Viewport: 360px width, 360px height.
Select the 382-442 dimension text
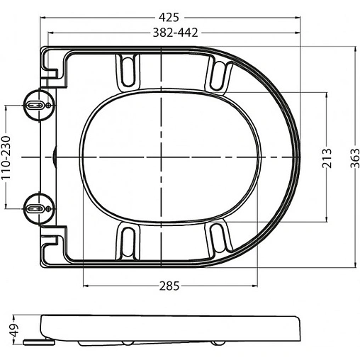[174, 33]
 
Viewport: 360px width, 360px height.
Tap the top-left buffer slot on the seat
[128, 69]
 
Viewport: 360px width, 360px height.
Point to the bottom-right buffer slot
[220, 237]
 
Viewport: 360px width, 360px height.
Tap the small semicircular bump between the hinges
[57, 155]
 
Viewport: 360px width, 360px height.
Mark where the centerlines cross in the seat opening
[164, 155]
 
